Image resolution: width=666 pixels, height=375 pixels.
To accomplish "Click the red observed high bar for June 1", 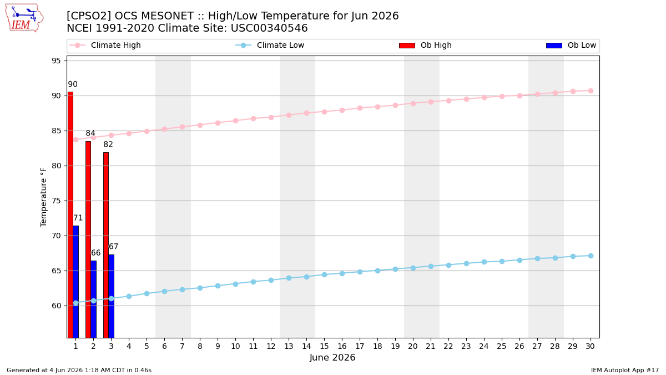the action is pyautogui.click(x=70, y=215).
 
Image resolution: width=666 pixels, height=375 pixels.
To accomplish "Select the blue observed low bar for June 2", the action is pyautogui.click(x=94, y=299).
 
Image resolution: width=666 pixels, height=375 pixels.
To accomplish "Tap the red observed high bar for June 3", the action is pyautogui.click(x=106, y=245).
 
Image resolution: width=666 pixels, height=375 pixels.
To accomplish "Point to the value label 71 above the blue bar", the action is pyautogui.click(x=78, y=218).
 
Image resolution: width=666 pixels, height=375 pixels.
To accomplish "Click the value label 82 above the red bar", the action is pyautogui.click(x=108, y=144).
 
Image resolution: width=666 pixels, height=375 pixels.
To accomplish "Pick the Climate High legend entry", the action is pyautogui.click(x=105, y=45).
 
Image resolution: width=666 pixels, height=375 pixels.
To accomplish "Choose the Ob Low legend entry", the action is pyautogui.click(x=571, y=45).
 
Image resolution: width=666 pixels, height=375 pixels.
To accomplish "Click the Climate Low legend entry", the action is pyautogui.click(x=270, y=45).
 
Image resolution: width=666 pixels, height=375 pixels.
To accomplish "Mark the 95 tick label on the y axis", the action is pyautogui.click(x=56, y=61).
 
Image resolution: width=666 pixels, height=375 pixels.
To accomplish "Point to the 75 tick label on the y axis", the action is pyautogui.click(x=56, y=201).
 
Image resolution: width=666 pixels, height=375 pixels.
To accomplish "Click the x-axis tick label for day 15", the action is pyautogui.click(x=324, y=346).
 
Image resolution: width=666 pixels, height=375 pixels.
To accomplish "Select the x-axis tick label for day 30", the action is pyautogui.click(x=590, y=346).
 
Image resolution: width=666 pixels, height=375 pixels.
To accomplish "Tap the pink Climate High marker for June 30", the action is pyautogui.click(x=591, y=91).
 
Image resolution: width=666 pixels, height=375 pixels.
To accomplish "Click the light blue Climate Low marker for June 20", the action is pyautogui.click(x=413, y=268).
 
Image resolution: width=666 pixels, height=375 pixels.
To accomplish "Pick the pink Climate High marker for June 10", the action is pyautogui.click(x=235, y=121).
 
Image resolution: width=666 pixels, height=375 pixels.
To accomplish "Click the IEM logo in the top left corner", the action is pyautogui.click(x=24, y=18).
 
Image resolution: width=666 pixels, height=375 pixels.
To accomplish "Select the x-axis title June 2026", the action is pyautogui.click(x=332, y=357).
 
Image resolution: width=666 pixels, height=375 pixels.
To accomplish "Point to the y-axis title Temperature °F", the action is pyautogui.click(x=43, y=197).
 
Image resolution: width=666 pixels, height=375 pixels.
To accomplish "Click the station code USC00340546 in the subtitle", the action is pyautogui.click(x=269, y=28).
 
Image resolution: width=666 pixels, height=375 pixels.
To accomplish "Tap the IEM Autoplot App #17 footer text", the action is pyautogui.click(x=625, y=370).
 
